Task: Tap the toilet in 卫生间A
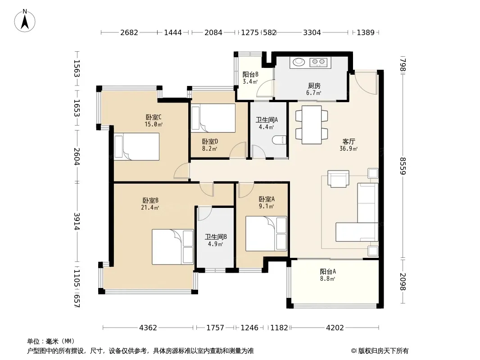[279, 140]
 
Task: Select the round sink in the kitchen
[299, 62]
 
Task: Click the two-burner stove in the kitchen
[318, 63]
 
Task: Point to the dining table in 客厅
[312, 125]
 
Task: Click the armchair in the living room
[338, 178]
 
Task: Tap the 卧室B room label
[150, 200]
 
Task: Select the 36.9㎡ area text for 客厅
[349, 148]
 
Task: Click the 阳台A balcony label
[328, 271]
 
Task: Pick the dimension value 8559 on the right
[403, 166]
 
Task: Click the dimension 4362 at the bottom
[148, 328]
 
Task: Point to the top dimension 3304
[312, 32]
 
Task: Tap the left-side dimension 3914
[77, 221]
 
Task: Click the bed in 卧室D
[213, 118]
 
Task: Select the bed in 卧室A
[266, 234]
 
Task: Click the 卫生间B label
[216, 237]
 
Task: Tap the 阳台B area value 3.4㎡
[250, 81]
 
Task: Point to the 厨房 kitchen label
[314, 85]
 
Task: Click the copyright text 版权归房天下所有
[383, 351]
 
